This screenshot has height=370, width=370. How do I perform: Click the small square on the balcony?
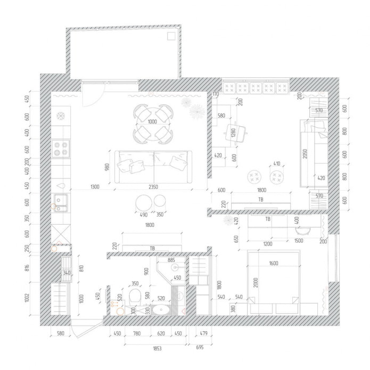171,36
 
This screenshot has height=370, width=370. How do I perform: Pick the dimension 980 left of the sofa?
107,167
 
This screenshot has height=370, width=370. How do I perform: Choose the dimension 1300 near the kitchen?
95,187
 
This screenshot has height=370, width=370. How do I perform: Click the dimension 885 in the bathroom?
171,260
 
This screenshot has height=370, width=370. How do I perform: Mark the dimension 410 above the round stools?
276,163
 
